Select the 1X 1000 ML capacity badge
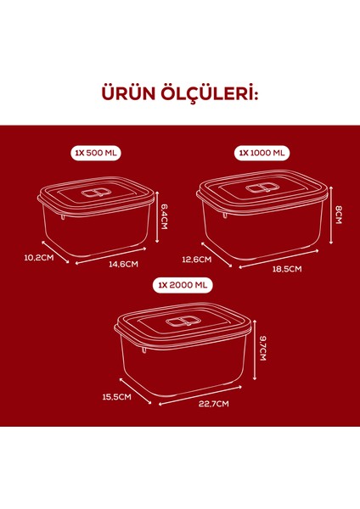point(262,154)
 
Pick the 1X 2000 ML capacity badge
point(183,286)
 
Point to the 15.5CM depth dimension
point(115,396)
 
